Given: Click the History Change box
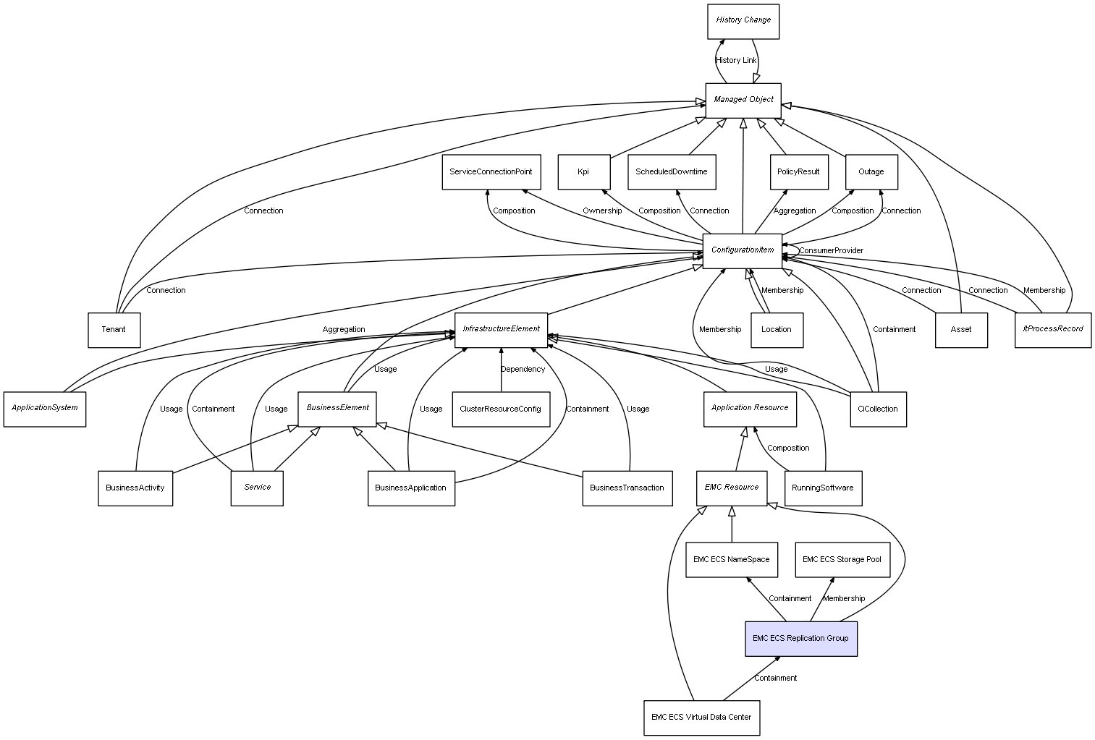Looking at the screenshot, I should pyautogui.click(x=743, y=21).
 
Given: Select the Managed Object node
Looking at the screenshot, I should pyautogui.click(x=743, y=100).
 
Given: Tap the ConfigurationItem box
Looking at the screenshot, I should pyautogui.click(x=743, y=250).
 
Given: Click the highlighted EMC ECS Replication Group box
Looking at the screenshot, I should pyautogui.click(x=800, y=639).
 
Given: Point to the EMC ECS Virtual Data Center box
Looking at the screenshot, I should pyautogui.click(x=701, y=718).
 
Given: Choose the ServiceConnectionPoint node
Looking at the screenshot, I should pyautogui.click(x=491, y=172).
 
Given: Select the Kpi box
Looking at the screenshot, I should pyautogui.click(x=583, y=172).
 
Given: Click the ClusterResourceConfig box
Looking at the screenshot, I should pyautogui.click(x=500, y=409).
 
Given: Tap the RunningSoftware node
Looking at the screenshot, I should pyautogui.click(x=823, y=488).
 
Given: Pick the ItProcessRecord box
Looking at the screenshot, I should pyautogui.click(x=1052, y=330).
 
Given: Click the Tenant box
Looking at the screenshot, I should pyautogui.click(x=114, y=330).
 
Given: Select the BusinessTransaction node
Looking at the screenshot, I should pyautogui.click(x=627, y=488).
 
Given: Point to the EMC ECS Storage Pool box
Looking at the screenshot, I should pyautogui.click(x=842, y=560).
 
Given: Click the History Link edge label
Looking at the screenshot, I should pyautogui.click(x=736, y=61).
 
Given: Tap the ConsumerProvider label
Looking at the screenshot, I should pyautogui.click(x=831, y=251).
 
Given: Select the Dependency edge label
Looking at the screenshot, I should pyautogui.click(x=523, y=370).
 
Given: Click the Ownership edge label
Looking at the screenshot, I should pyautogui.click(x=602, y=211).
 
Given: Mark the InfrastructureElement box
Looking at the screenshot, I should pyautogui.click(x=501, y=330).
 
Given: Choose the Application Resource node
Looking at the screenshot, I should pyautogui.click(x=750, y=409).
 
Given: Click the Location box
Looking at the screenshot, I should pyautogui.click(x=777, y=330).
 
